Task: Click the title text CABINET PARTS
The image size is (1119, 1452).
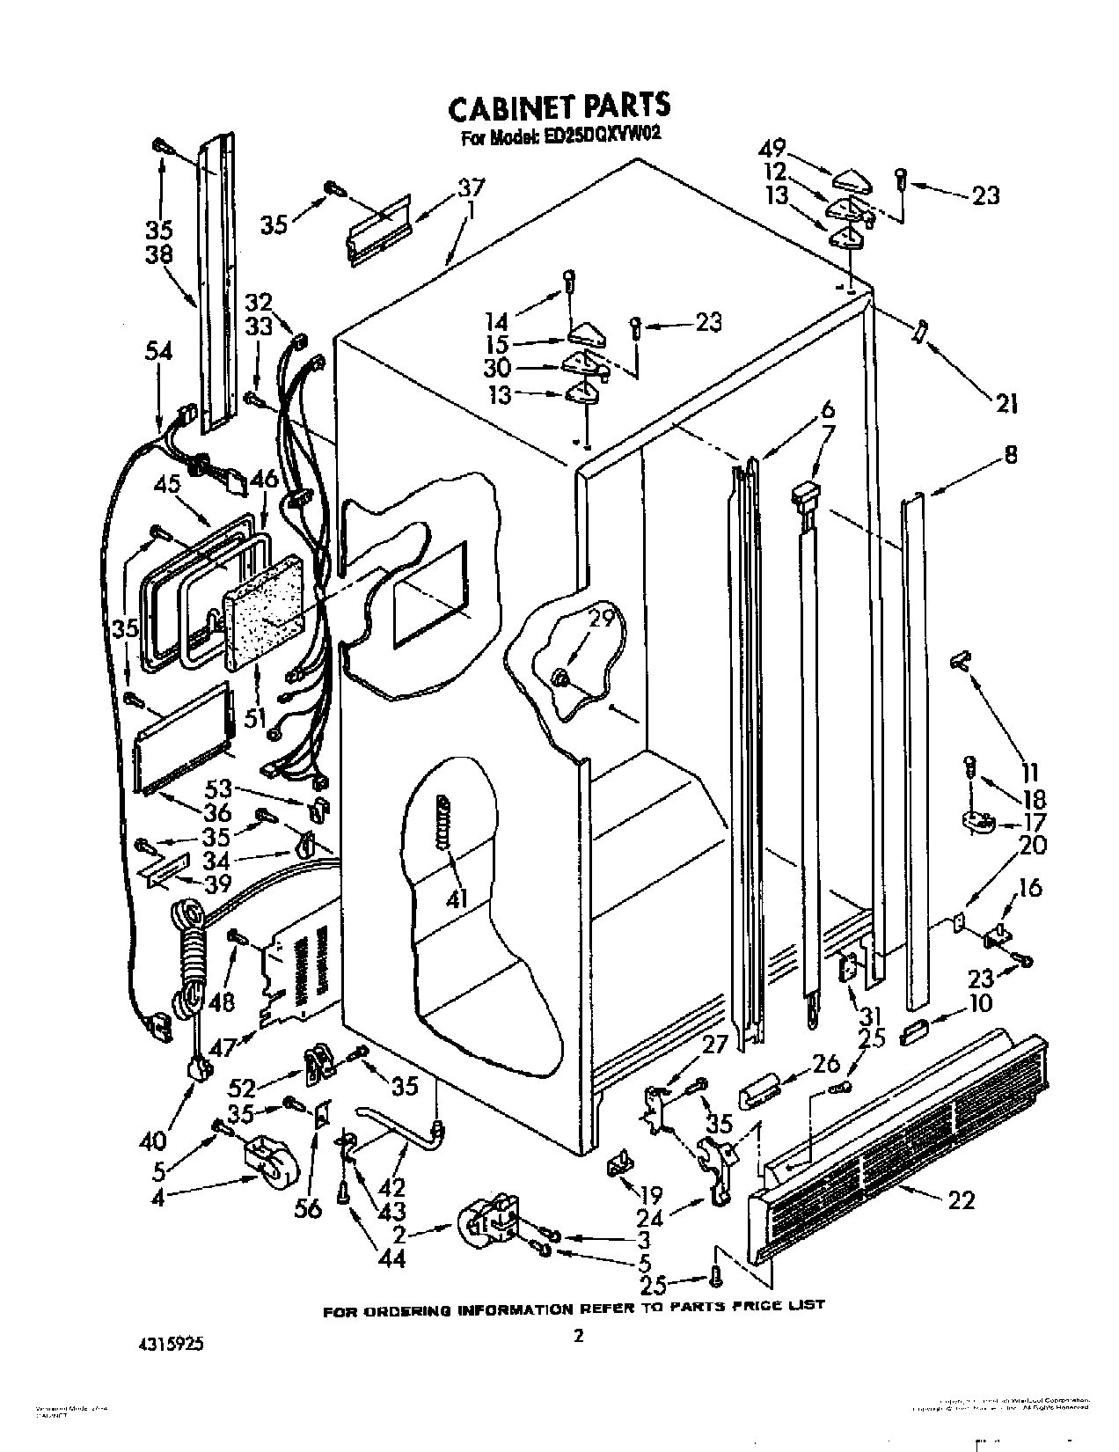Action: click(x=559, y=106)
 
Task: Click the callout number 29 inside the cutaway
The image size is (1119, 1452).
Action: click(x=602, y=619)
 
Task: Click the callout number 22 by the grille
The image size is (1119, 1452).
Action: click(x=962, y=1199)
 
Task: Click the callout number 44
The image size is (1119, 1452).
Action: click(x=391, y=1259)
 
